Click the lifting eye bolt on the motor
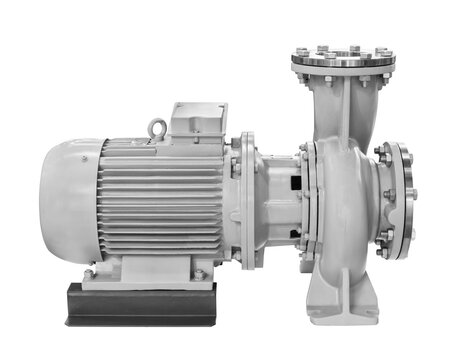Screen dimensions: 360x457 coord(156,128)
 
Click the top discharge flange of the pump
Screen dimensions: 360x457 coord(341,59)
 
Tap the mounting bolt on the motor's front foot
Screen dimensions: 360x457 coord(199,271)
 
